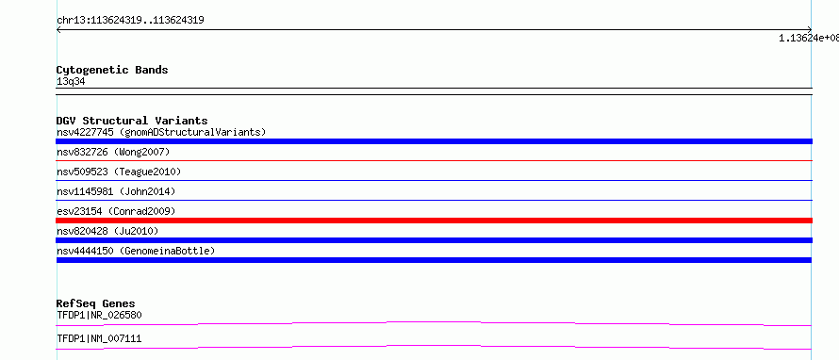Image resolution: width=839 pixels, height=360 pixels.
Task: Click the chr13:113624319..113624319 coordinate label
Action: click(x=130, y=21)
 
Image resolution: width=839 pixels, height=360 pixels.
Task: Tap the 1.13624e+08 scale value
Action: click(x=809, y=38)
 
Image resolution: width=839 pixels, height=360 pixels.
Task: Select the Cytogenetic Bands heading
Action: click(x=112, y=70)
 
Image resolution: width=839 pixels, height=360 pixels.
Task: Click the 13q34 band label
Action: click(x=71, y=82)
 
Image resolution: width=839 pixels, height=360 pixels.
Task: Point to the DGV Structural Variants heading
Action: click(x=132, y=121)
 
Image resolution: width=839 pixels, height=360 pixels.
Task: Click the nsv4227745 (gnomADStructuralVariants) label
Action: click(x=161, y=132)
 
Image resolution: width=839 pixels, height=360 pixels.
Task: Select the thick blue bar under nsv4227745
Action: click(x=434, y=141)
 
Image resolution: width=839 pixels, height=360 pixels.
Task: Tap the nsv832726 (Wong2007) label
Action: click(x=113, y=153)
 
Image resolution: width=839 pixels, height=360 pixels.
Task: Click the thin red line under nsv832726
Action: click(x=434, y=160)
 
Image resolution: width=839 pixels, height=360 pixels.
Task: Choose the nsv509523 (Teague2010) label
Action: click(x=119, y=172)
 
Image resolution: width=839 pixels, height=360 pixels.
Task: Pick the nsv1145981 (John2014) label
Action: click(x=116, y=191)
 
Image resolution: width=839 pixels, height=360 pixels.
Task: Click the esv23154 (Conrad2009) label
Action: click(x=116, y=211)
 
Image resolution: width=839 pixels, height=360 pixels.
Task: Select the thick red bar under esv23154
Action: click(x=434, y=221)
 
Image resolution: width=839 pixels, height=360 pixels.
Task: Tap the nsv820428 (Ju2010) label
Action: click(x=107, y=231)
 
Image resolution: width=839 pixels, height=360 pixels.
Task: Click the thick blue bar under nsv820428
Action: click(x=434, y=240)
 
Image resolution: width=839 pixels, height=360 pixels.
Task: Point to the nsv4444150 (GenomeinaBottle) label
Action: click(x=136, y=251)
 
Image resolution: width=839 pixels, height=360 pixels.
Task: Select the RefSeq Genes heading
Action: click(x=96, y=303)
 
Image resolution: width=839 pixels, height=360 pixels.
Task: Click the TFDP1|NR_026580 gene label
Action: click(x=99, y=315)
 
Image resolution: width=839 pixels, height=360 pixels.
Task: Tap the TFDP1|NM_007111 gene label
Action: click(x=99, y=338)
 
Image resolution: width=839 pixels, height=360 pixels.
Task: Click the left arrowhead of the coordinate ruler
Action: click(x=58, y=30)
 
